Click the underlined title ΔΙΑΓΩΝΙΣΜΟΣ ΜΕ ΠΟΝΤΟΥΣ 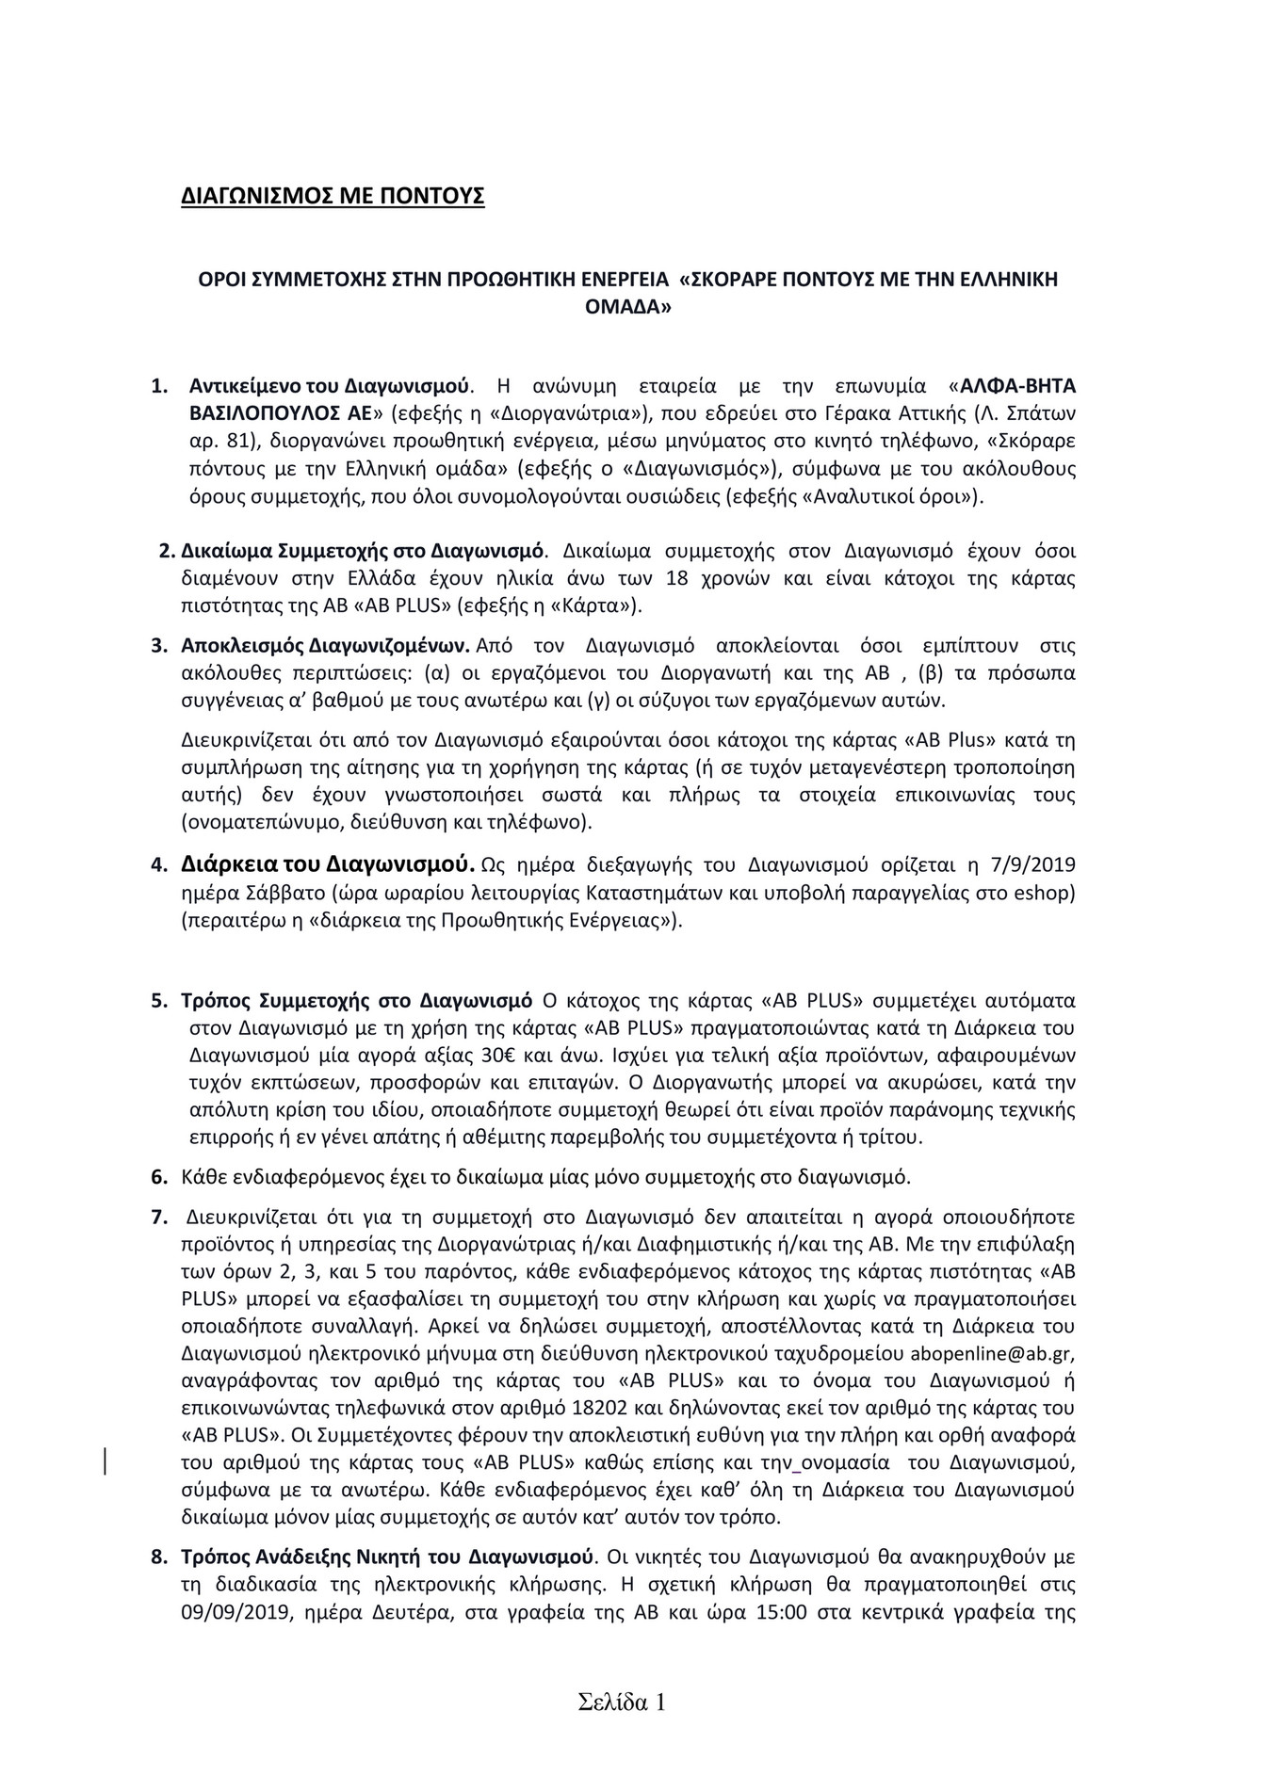(333, 197)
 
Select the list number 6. (158, 1176)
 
